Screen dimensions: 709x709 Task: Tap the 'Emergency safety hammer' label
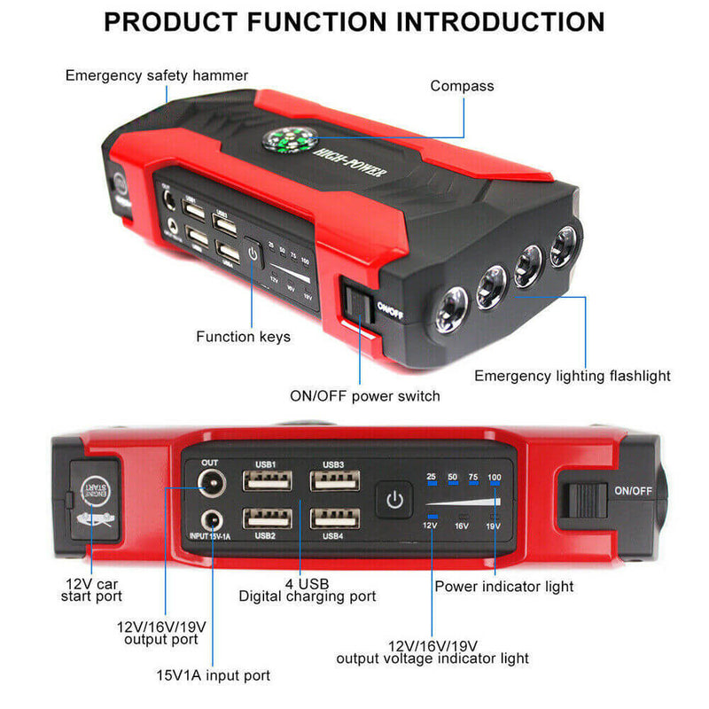[157, 75]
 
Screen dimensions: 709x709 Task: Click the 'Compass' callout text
[462, 86]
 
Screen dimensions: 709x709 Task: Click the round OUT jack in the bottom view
[211, 483]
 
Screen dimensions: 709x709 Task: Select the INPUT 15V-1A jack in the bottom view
[211, 521]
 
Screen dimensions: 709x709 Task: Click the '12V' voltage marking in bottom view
[430, 526]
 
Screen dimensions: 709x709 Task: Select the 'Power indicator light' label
[503, 586]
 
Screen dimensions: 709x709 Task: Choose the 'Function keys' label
[243, 337]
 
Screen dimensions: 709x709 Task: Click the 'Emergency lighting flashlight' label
[572, 376]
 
